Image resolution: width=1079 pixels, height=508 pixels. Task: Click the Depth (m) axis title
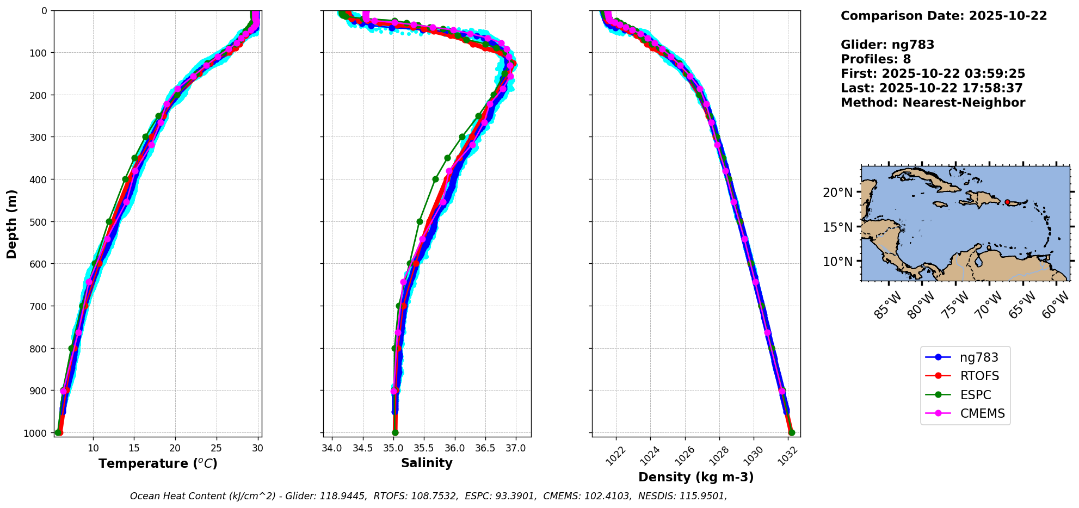12,224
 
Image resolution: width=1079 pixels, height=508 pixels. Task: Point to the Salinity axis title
427,463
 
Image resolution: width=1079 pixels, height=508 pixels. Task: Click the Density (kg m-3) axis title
696,477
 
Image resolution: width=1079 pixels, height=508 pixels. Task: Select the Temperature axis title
158,463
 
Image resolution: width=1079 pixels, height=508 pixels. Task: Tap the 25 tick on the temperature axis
216,448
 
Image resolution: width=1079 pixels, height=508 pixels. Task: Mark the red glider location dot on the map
1007,202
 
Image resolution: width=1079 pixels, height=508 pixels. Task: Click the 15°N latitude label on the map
837,227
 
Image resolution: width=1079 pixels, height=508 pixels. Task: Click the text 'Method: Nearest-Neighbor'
933,103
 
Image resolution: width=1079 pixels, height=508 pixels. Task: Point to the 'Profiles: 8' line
875,59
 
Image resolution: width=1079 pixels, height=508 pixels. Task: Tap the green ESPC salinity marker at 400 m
435,179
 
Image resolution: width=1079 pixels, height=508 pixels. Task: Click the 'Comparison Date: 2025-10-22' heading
944,16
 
